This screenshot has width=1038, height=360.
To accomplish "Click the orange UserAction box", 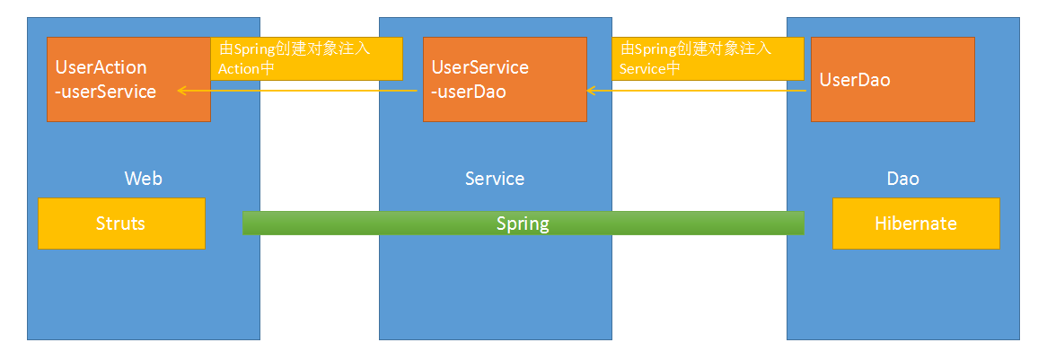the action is [x=128, y=79].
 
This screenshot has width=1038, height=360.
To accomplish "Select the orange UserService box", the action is [x=505, y=79].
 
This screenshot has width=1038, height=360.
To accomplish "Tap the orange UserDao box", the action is [x=893, y=79].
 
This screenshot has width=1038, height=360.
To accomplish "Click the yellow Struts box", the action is [x=121, y=224].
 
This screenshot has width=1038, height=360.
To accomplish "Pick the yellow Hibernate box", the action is [x=916, y=224].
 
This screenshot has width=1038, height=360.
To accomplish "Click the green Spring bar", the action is [x=523, y=223].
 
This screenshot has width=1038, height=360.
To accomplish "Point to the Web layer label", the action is [x=143, y=178].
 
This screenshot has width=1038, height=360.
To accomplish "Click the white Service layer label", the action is [x=495, y=178].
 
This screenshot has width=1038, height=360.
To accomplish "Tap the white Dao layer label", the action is [x=903, y=178].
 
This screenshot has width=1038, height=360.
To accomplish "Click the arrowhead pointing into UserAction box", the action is [x=180, y=91].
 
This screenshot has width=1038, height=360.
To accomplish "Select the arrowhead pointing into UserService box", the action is [x=591, y=91].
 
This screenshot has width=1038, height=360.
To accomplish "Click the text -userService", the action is [x=106, y=91].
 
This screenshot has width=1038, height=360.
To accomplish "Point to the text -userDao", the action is [x=469, y=91].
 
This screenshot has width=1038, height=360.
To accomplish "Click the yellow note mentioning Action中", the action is [x=306, y=59].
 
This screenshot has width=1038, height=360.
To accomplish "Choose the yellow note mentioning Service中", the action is [x=707, y=59].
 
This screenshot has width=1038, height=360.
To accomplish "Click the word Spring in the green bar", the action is [x=523, y=224].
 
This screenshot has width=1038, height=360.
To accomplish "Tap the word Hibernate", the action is [x=916, y=224].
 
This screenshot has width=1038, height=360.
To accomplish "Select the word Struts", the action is [x=120, y=224].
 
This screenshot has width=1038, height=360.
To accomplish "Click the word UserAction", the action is [x=101, y=67].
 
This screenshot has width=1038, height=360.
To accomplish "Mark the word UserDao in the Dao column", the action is [x=855, y=79].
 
